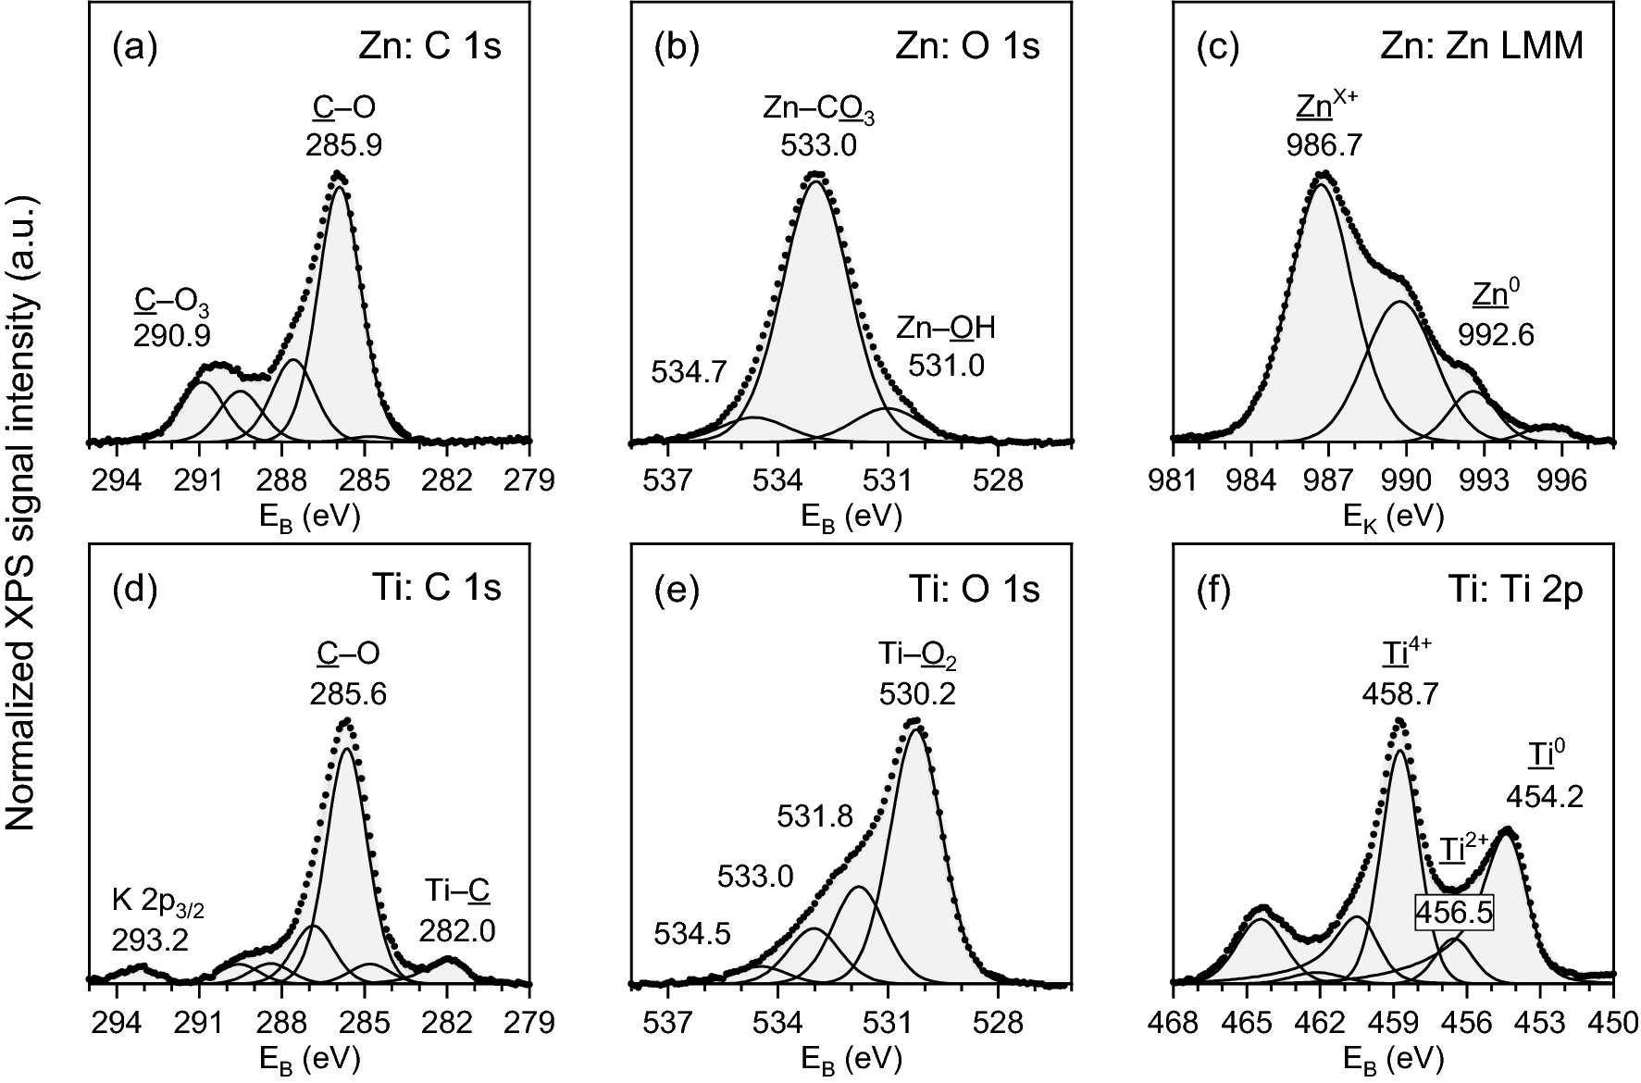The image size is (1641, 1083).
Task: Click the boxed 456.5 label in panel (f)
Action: pos(1454,913)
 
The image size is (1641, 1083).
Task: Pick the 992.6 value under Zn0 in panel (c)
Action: pos(1496,334)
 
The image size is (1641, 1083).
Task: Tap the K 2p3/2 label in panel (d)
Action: pos(158,908)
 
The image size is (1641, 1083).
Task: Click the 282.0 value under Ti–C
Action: pos(457,930)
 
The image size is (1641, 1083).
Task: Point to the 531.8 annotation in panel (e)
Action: pos(814,816)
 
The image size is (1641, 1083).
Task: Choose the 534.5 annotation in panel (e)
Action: pos(691,934)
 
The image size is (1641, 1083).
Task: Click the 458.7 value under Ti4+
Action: pos(1400,693)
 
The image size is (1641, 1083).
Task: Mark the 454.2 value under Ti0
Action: pos(1545,796)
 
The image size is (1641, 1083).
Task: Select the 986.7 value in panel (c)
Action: pos(1324,145)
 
